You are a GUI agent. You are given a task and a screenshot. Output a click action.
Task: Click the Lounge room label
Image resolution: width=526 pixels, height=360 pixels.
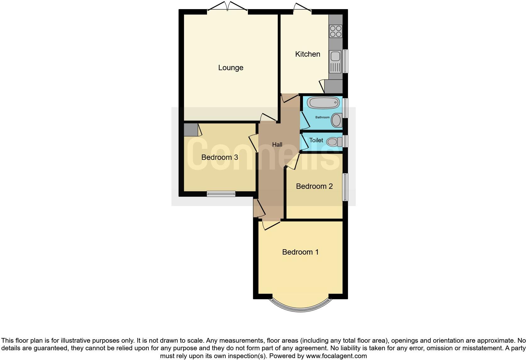[x=231, y=68]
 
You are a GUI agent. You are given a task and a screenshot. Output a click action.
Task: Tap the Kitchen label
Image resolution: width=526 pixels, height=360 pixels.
[x=307, y=54]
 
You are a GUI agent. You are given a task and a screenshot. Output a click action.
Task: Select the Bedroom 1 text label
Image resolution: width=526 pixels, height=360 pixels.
[x=300, y=252]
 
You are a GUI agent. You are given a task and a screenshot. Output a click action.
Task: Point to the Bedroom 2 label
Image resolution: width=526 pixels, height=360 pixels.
[x=314, y=186]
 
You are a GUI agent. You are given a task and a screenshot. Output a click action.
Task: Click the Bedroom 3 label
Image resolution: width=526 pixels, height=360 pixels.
[x=219, y=157]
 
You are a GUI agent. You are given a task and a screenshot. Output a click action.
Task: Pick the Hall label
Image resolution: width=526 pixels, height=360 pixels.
[x=277, y=145]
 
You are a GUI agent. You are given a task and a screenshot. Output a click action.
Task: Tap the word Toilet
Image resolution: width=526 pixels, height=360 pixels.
[x=316, y=140]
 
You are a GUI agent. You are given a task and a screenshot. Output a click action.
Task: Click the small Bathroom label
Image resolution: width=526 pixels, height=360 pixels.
[x=322, y=117]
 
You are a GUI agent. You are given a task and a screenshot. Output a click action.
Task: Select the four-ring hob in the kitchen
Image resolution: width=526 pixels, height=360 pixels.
[x=336, y=31]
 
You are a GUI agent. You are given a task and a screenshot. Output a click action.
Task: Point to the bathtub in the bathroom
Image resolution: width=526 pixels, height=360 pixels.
[x=323, y=103]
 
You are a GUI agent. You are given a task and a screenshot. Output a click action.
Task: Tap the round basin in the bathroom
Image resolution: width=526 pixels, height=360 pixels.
[x=337, y=120]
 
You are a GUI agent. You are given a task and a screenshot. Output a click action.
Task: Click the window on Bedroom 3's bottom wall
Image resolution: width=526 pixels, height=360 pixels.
[x=221, y=194]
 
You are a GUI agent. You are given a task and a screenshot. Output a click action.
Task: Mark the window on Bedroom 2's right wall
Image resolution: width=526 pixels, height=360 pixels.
[x=345, y=187]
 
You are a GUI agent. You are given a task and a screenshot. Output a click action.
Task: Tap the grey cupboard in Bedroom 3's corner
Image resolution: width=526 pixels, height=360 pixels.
[x=191, y=130]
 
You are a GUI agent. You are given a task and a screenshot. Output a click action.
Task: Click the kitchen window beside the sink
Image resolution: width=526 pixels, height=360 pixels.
[x=345, y=61]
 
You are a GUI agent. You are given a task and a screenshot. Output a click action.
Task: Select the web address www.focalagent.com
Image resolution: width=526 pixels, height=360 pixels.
[x=336, y=356]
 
